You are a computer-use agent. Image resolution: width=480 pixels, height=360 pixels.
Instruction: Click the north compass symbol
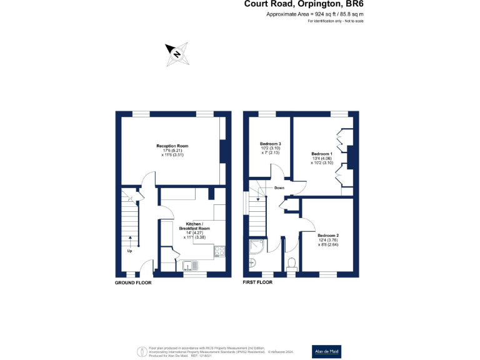coord(177,54)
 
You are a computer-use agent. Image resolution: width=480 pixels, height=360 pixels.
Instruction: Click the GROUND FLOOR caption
coord(133,282)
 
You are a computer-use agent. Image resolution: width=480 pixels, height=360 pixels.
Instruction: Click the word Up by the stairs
coord(130,251)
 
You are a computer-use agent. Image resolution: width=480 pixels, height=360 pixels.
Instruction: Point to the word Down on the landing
coord(279,187)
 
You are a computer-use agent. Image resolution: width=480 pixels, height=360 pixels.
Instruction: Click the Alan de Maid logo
coord(327,352)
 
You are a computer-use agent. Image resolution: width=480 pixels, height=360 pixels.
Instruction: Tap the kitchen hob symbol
coord(220,251)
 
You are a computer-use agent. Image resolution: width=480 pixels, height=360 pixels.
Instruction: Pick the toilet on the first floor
coord(291,264)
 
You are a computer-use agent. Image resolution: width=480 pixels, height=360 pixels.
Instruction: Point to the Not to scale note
coord(336,21)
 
